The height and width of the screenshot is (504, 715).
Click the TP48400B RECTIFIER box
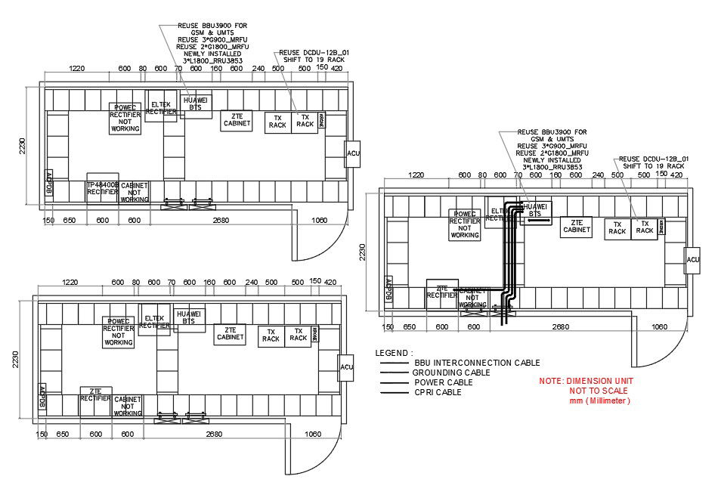102,188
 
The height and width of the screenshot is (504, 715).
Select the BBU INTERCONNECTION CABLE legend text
477,363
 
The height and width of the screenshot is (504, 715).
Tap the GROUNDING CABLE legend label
451,373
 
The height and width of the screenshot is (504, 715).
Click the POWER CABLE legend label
442,382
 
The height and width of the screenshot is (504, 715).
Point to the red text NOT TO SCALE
599,391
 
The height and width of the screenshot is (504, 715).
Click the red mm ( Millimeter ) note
599,400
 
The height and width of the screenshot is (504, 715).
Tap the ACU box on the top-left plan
353,154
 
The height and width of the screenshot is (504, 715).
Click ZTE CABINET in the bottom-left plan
230,334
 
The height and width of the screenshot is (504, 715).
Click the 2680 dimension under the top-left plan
221,221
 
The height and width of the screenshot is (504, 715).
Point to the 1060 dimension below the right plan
660,327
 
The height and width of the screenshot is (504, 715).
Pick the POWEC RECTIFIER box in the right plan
465,224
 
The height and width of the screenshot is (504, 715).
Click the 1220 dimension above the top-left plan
76,69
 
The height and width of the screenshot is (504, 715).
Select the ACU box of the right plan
692,260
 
